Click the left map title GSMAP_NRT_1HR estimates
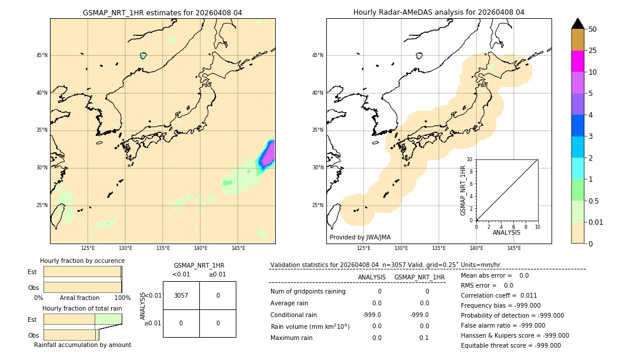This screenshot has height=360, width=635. [162, 12]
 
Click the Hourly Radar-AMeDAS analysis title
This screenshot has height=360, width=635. [439, 12]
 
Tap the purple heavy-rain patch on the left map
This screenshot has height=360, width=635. [268, 154]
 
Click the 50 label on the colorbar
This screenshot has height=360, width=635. [593, 29]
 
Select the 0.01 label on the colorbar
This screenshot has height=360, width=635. [596, 222]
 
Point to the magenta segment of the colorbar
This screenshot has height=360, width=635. [578, 61]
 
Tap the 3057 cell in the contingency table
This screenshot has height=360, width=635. [181, 295]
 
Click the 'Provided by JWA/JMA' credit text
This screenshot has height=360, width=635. [360, 238]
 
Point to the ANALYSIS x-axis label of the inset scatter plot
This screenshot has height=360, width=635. [506, 232]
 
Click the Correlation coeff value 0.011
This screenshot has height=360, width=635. [529, 295]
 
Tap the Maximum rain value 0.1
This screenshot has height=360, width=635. [424, 338]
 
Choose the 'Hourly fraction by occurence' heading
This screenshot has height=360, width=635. [82, 261]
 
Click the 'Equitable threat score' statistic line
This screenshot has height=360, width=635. [510, 345]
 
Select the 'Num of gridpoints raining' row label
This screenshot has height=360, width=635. [308, 291]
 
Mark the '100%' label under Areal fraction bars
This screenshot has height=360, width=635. [122, 298]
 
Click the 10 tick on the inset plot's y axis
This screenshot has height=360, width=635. [470, 159]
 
